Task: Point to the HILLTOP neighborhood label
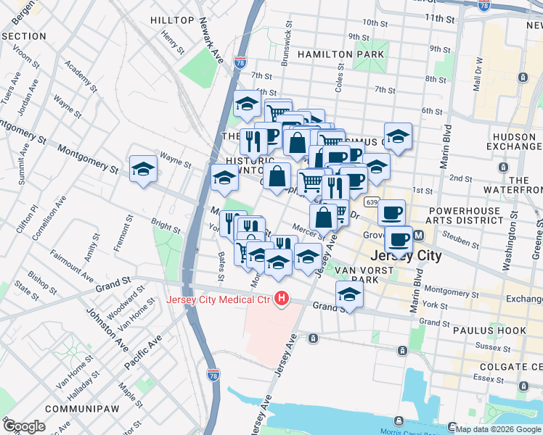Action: (x=172, y=20)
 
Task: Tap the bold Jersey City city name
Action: (x=406, y=256)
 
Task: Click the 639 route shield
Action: (x=372, y=202)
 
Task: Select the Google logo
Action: (x=24, y=426)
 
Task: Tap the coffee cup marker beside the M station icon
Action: (x=398, y=239)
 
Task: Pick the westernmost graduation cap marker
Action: (x=143, y=170)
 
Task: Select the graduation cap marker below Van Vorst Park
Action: (x=349, y=295)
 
